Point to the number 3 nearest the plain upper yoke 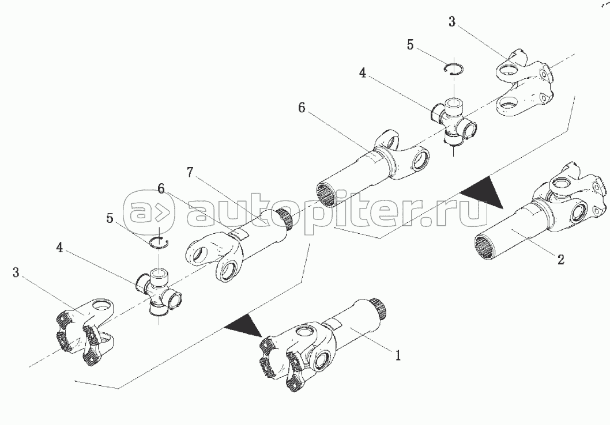[x=451, y=22]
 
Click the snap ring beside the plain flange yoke [x=454, y=69]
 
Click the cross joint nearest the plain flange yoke [x=453, y=120]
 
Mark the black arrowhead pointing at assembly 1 [x=244, y=325]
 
